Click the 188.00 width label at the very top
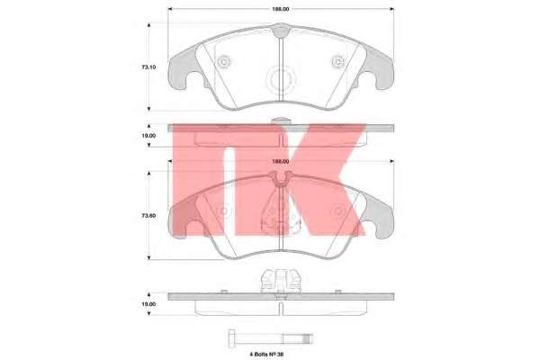(x=281, y=9)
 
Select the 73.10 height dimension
(x=148, y=67)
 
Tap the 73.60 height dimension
(x=148, y=216)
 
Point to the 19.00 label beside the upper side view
(x=148, y=136)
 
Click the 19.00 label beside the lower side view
(x=148, y=304)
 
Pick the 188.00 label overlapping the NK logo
(x=281, y=161)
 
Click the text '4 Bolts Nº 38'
(x=266, y=354)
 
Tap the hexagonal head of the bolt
(x=231, y=338)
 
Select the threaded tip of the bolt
(x=307, y=338)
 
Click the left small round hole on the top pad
(x=224, y=62)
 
